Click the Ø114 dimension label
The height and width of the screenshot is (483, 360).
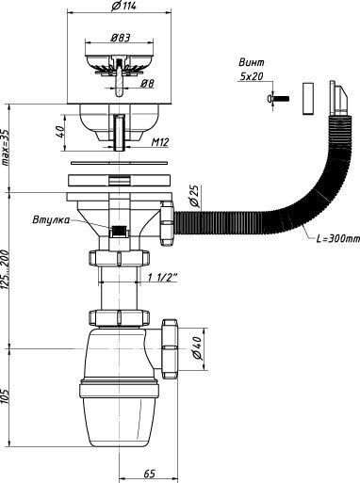[x=123, y=6]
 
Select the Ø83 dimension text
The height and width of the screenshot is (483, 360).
[x=121, y=38]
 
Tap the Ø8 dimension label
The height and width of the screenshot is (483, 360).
[x=147, y=84]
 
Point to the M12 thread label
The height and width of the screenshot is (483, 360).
[x=160, y=142]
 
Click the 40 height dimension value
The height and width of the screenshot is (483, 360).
[x=60, y=133]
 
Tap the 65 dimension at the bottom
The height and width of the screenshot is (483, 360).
[x=150, y=474]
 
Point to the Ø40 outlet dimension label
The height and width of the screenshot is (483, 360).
[x=197, y=348]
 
